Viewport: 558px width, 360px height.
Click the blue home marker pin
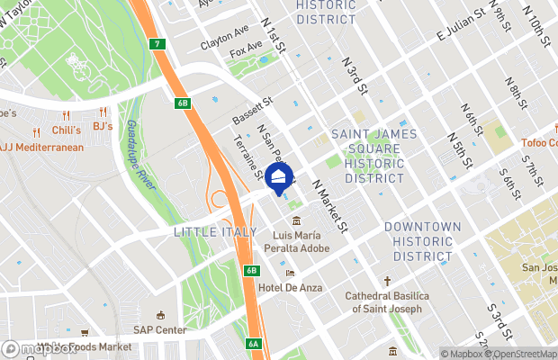click(x=280, y=176)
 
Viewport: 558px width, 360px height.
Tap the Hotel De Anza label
click(x=289, y=286)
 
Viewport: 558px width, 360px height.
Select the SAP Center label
click(x=161, y=328)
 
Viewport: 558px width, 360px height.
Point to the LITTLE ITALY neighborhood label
click(x=207, y=231)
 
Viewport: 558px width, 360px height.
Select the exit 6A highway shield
click(x=253, y=343)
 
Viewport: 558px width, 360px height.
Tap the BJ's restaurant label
click(x=102, y=126)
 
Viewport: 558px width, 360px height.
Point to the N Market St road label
click(x=329, y=204)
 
